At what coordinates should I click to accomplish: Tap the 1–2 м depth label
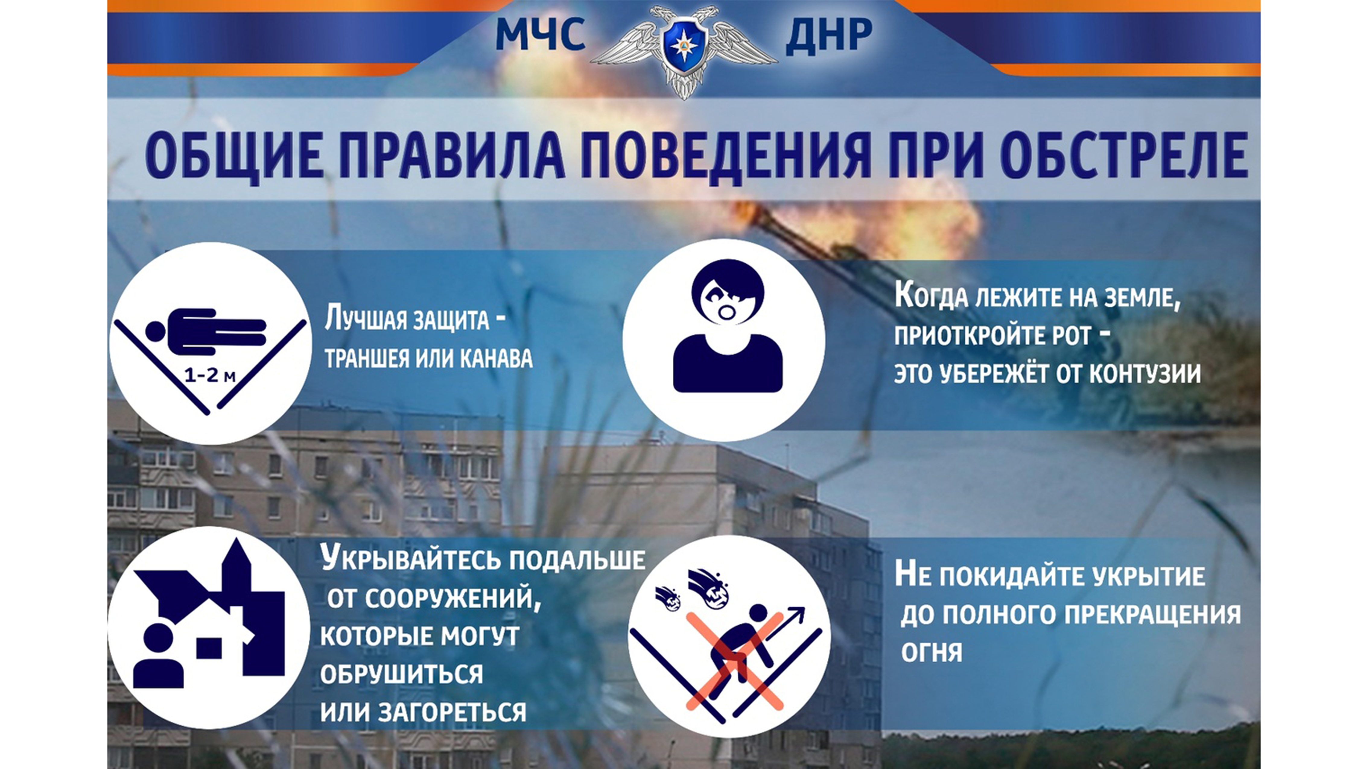click(210, 376)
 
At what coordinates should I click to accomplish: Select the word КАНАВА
click(496, 359)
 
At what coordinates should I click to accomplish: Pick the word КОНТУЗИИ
click(1145, 373)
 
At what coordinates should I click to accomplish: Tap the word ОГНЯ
click(932, 652)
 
